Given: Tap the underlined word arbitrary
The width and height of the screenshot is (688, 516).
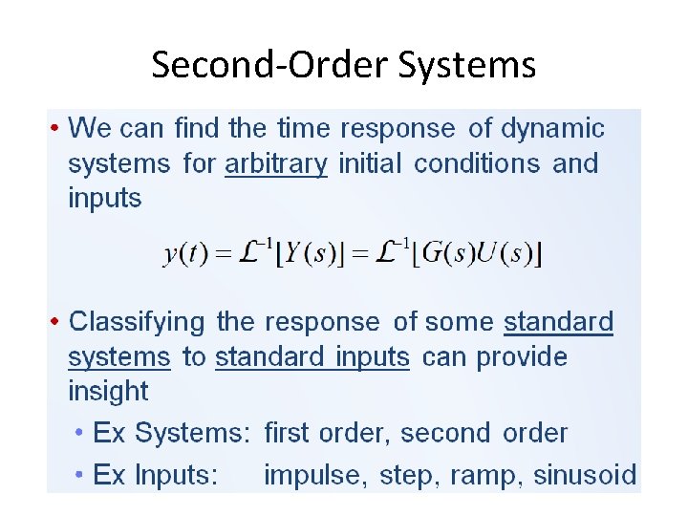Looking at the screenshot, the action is [x=276, y=164].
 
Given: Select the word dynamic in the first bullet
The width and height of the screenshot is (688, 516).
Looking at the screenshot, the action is [x=553, y=128].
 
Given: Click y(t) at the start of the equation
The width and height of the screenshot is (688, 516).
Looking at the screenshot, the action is [x=183, y=254].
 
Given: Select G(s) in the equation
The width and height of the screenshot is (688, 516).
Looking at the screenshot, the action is [x=443, y=254].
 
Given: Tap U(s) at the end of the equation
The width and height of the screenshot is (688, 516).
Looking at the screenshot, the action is [x=505, y=254].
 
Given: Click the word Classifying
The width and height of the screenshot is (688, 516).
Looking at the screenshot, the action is [x=138, y=322].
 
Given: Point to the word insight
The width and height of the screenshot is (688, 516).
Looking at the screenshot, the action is [x=108, y=391].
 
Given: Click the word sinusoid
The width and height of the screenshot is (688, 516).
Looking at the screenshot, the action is [x=585, y=475].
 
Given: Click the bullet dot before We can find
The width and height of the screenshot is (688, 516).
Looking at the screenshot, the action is [x=56, y=128].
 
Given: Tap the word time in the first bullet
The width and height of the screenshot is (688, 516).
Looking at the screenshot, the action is [x=304, y=128].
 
